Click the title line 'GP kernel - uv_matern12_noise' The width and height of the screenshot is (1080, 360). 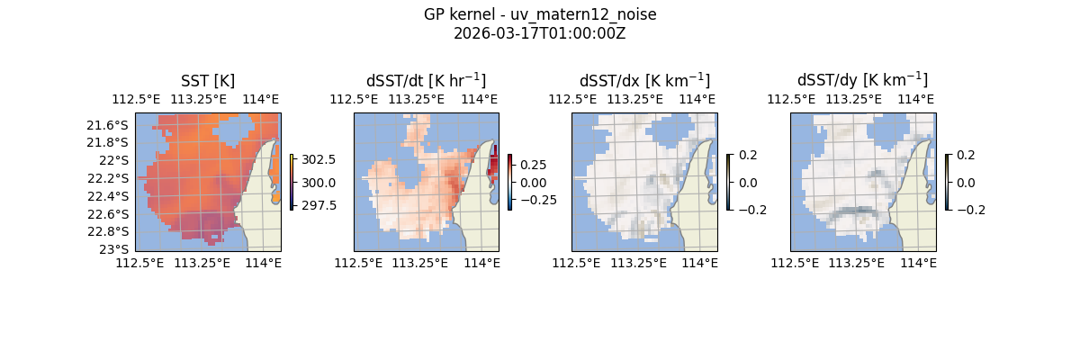pyautogui.click(x=540, y=14)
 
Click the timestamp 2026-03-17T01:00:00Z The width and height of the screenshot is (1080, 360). pyautogui.click(x=540, y=33)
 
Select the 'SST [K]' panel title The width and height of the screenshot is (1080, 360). pyautogui.click(x=208, y=81)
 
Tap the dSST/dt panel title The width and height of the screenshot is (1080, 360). pyautogui.click(x=426, y=81)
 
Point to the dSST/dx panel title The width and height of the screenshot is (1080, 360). pyautogui.click(x=644, y=81)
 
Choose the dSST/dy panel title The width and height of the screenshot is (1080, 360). pyautogui.click(x=862, y=81)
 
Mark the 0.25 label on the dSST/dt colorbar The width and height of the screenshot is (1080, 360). pyautogui.click(x=533, y=165)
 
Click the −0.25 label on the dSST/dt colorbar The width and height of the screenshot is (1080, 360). pyautogui.click(x=536, y=200)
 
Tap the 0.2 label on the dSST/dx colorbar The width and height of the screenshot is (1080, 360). pyautogui.click(x=748, y=155)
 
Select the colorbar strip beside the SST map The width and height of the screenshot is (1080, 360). pyautogui.click(x=292, y=182)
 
